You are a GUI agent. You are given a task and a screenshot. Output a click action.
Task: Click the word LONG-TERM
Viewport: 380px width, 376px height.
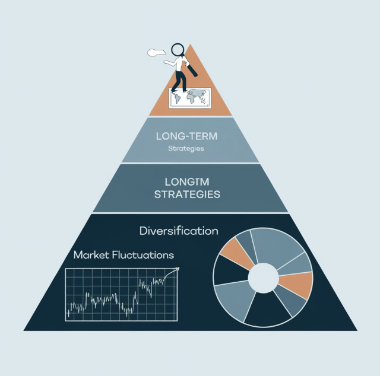pos(186,136)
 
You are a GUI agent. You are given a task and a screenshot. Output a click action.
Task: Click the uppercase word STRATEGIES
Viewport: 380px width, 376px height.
pos(187,195)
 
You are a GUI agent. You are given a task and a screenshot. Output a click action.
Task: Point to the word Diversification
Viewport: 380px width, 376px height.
pos(178,231)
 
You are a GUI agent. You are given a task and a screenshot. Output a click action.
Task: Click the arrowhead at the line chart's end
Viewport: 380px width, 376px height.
pos(176,270)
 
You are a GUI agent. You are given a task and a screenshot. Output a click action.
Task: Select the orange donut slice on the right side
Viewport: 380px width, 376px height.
pos(297,285)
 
